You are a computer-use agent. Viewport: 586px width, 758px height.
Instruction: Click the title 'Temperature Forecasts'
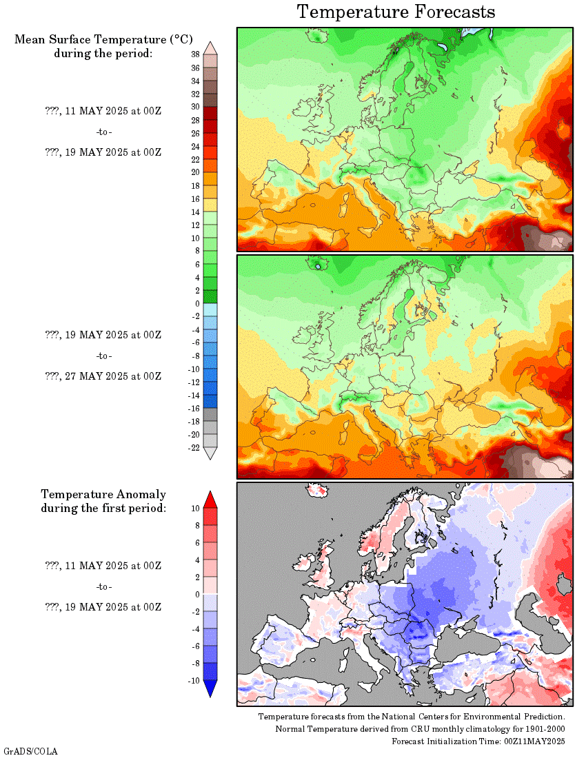click(396, 12)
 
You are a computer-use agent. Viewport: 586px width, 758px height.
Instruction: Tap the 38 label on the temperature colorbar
click(195, 54)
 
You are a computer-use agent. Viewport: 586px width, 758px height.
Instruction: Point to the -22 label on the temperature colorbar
click(194, 448)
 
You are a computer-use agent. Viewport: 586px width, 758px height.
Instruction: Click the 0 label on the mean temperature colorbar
click(197, 303)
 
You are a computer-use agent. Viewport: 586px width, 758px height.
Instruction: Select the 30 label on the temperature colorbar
click(195, 107)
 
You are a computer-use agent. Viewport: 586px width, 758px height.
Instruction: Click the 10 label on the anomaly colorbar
click(196, 508)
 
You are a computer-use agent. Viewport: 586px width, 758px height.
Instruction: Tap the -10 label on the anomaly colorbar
click(194, 680)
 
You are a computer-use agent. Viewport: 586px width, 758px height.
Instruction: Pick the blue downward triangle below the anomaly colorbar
click(211, 688)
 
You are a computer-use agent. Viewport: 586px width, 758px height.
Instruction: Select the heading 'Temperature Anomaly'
click(103, 494)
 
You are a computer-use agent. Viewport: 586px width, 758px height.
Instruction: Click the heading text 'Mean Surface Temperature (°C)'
click(103, 39)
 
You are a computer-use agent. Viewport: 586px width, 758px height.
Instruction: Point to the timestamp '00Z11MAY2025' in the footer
click(535, 741)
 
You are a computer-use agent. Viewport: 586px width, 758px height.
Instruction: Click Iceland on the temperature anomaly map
click(318, 491)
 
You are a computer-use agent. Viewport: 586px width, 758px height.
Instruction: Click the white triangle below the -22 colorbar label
click(211, 453)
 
